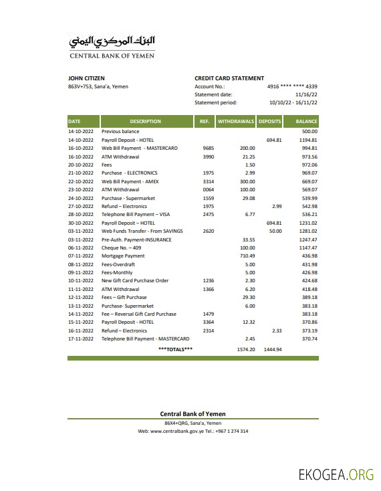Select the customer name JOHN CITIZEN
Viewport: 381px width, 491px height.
pos(86,78)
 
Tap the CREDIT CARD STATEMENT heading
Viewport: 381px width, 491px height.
pos(229,78)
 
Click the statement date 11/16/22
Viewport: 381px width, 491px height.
pos(305,94)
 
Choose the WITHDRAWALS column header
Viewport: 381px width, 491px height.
pos(236,122)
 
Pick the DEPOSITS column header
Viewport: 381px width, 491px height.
pos(270,122)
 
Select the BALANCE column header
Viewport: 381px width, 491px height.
pos(306,122)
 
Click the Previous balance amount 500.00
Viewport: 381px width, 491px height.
pos(309,132)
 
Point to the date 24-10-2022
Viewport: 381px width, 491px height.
pos(81,198)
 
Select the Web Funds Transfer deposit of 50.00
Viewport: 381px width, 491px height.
pos(275,231)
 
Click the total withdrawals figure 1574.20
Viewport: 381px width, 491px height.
pos(246,349)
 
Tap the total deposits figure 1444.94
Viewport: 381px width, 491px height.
pos(273,349)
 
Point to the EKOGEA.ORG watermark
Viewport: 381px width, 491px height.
pos(336,476)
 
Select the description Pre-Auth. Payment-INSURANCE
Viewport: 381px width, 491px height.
pos(136,239)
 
